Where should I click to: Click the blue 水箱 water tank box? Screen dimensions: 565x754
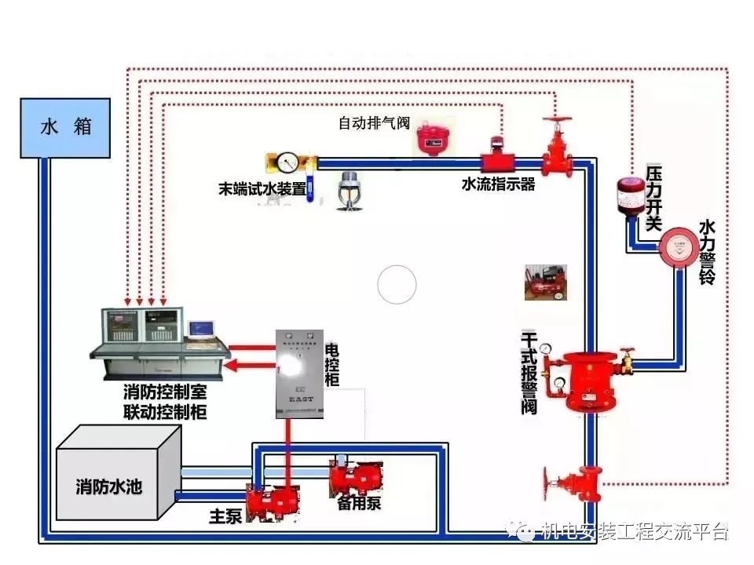[64, 128]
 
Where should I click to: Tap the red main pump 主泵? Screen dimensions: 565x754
[269, 503]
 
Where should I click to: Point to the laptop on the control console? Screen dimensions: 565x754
[201, 329]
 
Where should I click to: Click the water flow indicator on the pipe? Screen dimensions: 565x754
[497, 158]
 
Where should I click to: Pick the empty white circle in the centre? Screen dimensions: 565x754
[397, 284]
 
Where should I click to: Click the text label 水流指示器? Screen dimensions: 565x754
[498, 184]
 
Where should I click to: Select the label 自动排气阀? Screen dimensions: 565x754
[374, 123]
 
